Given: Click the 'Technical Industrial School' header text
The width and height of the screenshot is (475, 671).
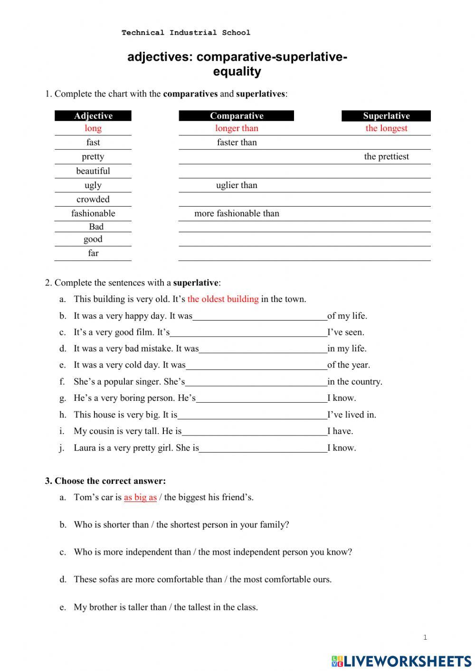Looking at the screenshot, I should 186,33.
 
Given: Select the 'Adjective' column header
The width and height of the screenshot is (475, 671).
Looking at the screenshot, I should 93,116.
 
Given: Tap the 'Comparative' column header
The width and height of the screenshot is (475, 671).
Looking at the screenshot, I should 237,116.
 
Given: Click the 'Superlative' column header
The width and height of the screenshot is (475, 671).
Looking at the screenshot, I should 386,116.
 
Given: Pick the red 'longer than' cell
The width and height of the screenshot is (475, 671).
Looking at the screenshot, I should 237,128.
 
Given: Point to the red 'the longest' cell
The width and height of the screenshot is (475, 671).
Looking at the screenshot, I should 386,128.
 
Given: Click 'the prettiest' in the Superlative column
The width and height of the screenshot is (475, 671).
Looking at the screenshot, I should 386,157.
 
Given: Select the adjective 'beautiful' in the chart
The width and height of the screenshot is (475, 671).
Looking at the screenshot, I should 93,171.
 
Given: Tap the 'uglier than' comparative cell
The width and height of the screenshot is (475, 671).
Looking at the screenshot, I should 237,185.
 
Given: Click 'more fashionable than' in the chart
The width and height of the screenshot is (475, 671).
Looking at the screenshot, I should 237,214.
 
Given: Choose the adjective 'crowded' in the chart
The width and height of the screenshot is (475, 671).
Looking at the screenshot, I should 93,199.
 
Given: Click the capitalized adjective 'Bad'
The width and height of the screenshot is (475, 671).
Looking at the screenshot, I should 96,227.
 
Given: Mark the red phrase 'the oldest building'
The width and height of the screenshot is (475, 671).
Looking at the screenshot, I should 223,299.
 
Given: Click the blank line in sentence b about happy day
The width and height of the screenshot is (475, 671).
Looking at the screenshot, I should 260,317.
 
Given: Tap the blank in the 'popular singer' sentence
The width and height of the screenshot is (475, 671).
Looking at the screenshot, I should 256,382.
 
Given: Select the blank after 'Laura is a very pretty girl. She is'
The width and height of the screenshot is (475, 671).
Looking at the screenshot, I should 263,448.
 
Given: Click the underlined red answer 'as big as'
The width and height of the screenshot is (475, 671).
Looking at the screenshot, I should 140,498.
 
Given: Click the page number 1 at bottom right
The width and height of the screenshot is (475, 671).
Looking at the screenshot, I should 425,637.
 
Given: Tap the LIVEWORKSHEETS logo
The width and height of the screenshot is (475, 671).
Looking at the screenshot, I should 401,661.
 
